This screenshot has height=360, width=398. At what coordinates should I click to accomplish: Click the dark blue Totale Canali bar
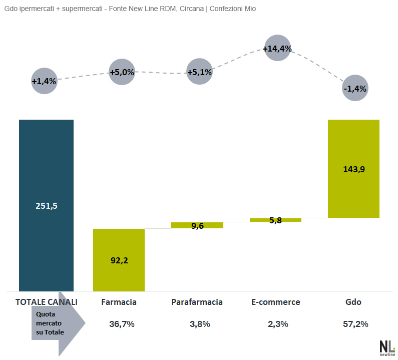click(x=46, y=205)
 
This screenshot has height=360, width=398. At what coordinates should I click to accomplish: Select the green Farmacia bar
click(x=119, y=260)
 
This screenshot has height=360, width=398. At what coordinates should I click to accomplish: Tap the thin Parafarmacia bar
click(x=197, y=225)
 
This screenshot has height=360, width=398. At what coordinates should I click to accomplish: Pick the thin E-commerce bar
click(x=275, y=220)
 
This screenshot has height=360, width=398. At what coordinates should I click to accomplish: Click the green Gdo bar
click(x=353, y=169)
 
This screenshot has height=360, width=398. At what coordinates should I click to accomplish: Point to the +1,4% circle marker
click(x=44, y=81)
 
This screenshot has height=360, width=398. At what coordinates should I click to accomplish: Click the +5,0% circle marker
click(x=122, y=72)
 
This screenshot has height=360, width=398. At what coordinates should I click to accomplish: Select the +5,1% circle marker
click(x=199, y=72)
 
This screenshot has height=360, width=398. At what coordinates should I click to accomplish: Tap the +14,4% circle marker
click(x=277, y=49)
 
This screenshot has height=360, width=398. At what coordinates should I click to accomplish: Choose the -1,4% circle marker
click(x=355, y=89)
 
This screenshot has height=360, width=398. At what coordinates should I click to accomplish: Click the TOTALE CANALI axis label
click(x=47, y=302)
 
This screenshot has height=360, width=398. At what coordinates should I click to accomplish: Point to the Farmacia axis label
click(x=119, y=302)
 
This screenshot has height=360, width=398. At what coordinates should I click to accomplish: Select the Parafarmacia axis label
click(x=197, y=302)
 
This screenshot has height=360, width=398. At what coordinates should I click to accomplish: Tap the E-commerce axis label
click(x=275, y=302)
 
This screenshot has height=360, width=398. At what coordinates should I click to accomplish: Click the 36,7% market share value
click(x=122, y=324)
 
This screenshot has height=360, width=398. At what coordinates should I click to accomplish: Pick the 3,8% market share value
click(x=200, y=324)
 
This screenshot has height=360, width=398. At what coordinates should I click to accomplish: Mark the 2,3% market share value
click(x=278, y=324)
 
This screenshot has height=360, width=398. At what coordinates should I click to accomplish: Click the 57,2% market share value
click(x=355, y=324)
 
